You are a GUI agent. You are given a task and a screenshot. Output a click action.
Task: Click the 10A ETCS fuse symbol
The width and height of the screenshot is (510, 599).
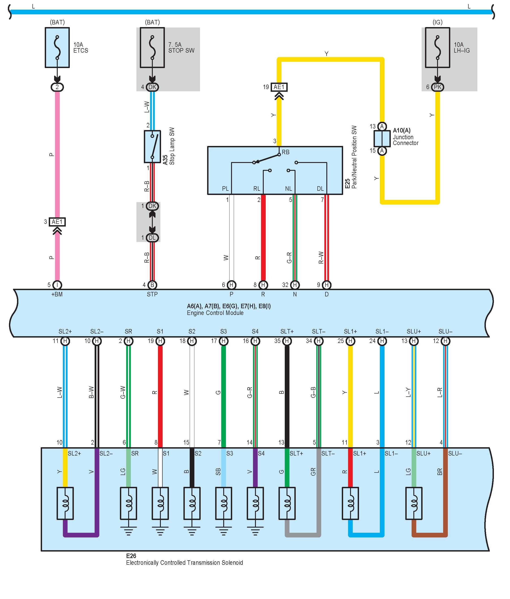pyautogui.click(x=57, y=48)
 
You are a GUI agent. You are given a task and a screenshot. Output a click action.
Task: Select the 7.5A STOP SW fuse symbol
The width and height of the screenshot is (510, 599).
pyautogui.click(x=152, y=48)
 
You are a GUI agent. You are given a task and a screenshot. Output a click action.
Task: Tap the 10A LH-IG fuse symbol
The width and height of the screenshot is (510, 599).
pyautogui.click(x=438, y=48)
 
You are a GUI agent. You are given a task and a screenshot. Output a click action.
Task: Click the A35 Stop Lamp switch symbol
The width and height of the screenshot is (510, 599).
pyautogui.click(x=152, y=147)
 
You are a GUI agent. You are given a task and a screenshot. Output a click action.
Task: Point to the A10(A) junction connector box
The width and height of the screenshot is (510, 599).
pyautogui.click(x=382, y=139)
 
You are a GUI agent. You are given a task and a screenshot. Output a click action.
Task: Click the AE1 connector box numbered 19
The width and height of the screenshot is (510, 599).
pyautogui.click(x=279, y=87)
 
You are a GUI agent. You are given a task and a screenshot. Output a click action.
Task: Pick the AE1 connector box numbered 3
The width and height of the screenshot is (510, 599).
pyautogui.click(x=57, y=222)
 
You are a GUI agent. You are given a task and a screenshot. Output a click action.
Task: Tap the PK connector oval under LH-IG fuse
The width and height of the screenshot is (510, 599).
pyautogui.click(x=438, y=87)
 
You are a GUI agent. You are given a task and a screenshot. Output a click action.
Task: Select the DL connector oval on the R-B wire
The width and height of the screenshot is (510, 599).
pyautogui.click(x=152, y=238)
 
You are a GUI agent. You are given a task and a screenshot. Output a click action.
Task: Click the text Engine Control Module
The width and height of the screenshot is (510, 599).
pyautogui.click(x=215, y=313)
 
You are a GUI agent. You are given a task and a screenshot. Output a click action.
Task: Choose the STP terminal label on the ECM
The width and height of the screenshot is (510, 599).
pyautogui.click(x=152, y=294)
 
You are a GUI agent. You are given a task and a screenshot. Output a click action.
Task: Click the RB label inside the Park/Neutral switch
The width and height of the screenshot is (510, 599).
pyautogui.click(x=285, y=152)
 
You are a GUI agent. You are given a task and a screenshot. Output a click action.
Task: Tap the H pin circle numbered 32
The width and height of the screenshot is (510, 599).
pyautogui.click(x=295, y=285)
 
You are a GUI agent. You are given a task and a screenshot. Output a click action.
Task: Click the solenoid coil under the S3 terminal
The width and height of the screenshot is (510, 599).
pyautogui.click(x=224, y=503)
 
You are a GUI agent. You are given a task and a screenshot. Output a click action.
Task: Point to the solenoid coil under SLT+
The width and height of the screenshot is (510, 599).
pyautogui.click(x=287, y=503)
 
